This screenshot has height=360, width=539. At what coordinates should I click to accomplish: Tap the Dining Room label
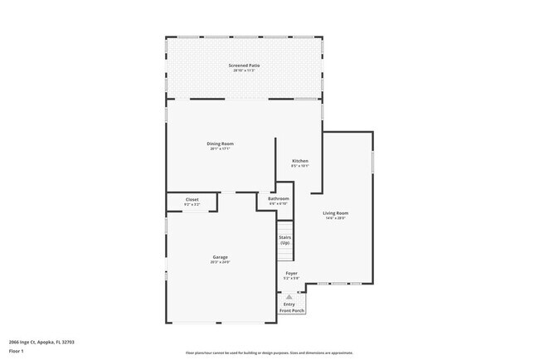[221, 144]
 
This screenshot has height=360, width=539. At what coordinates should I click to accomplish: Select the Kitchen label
[299, 160]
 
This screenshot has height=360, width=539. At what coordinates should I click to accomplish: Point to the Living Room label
[336, 213]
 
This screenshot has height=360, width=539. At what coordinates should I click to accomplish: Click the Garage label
[220, 257]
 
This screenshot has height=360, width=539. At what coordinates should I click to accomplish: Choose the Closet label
[192, 199]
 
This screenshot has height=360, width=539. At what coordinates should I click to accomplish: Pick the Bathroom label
[279, 199]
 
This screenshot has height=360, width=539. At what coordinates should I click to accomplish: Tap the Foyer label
[292, 273]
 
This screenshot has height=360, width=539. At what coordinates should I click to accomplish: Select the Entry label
[289, 304]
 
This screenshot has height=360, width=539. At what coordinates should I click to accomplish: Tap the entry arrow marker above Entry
[289, 297]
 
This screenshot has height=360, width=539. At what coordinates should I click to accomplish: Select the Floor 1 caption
[17, 351]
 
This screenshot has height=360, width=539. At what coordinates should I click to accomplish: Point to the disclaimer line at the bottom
[269, 353]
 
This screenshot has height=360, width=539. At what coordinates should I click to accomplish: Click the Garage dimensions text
[220, 263]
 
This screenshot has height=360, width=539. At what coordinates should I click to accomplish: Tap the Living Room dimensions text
[336, 219]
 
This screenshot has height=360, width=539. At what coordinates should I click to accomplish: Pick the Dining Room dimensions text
[221, 149]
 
